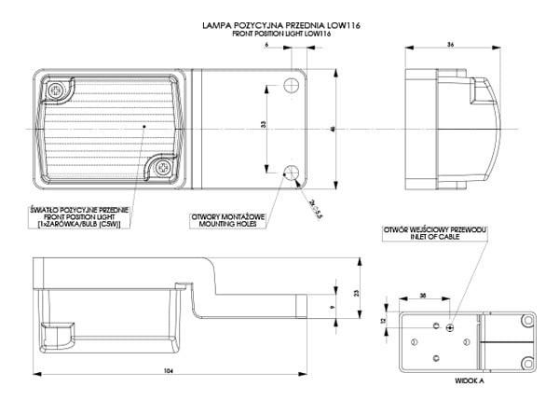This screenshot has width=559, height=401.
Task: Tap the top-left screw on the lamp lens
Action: click(57, 90)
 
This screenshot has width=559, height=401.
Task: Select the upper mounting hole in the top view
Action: click(291, 86)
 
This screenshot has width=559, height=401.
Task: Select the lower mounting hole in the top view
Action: click(291, 173)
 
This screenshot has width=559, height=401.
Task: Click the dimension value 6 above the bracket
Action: click(266, 44)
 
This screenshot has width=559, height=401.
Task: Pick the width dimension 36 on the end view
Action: click(451, 44)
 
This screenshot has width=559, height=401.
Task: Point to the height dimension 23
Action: click(357, 293)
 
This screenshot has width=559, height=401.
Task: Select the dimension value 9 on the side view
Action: click(334, 305)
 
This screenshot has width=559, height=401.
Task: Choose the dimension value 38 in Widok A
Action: click(424, 294)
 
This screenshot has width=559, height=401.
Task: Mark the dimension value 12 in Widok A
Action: click(383, 319)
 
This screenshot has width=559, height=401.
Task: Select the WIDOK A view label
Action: click(470, 381)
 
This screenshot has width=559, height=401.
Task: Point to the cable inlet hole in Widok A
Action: click(450, 327)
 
